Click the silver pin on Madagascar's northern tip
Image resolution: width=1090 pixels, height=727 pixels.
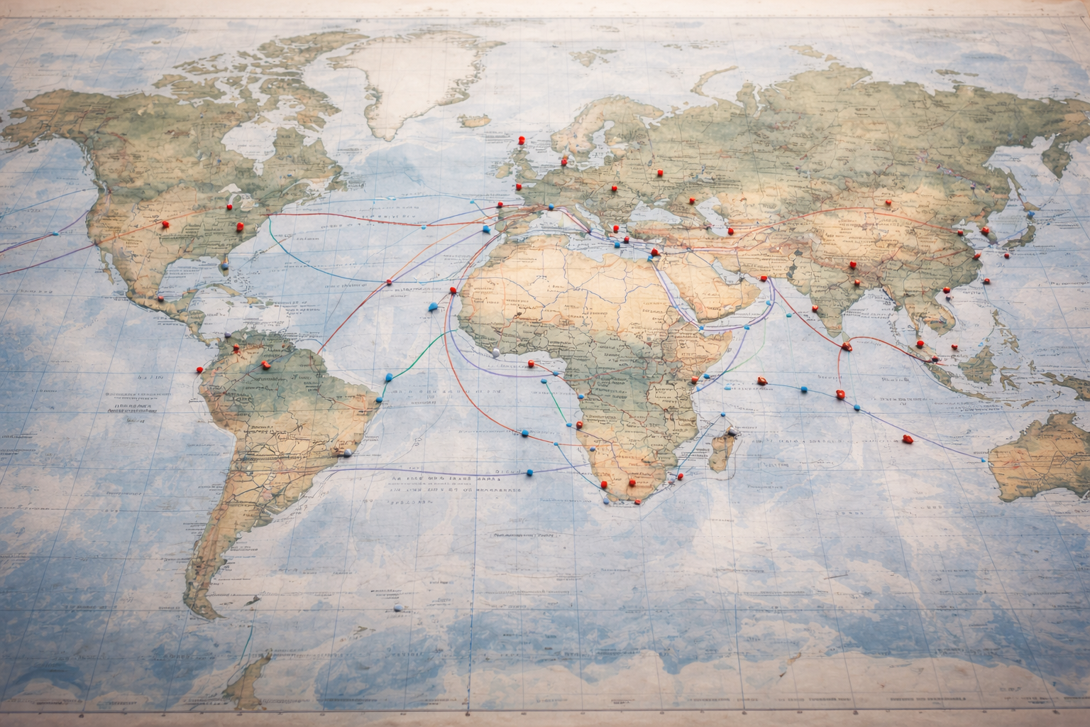tap(730, 431)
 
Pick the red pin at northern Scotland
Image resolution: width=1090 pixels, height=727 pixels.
tap(522, 141)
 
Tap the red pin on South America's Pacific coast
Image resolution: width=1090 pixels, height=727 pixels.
tap(199, 369)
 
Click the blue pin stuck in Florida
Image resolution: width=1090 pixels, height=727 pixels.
tap(225, 266)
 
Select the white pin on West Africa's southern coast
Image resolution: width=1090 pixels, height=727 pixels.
tap(495, 352)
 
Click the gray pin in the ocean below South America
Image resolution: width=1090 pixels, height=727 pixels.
tap(397, 608)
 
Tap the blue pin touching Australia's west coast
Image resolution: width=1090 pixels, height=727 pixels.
tap(984, 461)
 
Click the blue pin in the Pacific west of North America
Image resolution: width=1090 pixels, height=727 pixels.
tap(55, 234)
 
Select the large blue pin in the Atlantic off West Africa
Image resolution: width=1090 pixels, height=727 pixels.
tap(434, 307)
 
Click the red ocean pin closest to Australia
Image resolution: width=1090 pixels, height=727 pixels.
tap(905, 439)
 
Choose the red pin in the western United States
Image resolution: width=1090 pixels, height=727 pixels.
tap(165, 224)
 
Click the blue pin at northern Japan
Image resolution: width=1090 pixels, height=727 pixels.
tap(1029, 213)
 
